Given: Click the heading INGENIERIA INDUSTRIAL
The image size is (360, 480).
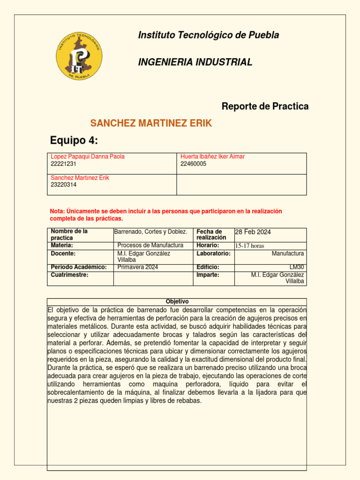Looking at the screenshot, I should (x=195, y=62).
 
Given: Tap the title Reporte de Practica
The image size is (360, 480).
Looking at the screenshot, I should (x=265, y=106).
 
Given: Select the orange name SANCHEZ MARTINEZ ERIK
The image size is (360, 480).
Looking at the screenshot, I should (x=151, y=123).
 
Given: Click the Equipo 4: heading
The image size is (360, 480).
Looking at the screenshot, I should (x=74, y=141).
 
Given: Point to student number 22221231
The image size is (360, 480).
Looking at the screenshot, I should (x=63, y=164).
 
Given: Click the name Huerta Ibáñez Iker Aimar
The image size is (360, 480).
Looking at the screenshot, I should (x=212, y=157).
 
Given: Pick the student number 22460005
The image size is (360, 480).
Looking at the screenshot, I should (x=193, y=164).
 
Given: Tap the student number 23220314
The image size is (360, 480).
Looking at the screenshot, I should (x=63, y=185).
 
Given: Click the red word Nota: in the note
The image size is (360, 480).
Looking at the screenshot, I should (x=57, y=211).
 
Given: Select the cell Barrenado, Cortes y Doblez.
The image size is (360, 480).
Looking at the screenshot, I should (x=151, y=232).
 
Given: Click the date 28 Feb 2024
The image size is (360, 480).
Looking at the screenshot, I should (x=253, y=232).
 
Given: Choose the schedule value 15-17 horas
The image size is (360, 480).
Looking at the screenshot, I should (x=250, y=246).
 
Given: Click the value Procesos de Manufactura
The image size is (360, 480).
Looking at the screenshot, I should (x=150, y=245).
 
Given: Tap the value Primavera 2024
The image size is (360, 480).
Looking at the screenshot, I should (x=137, y=267).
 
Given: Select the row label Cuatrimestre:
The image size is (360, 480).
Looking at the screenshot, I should (x=69, y=275).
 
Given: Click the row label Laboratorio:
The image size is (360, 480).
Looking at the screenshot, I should (x=213, y=253).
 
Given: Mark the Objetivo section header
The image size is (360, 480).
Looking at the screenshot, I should (x=177, y=301).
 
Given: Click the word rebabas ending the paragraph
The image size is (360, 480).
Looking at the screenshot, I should (x=188, y=401).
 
